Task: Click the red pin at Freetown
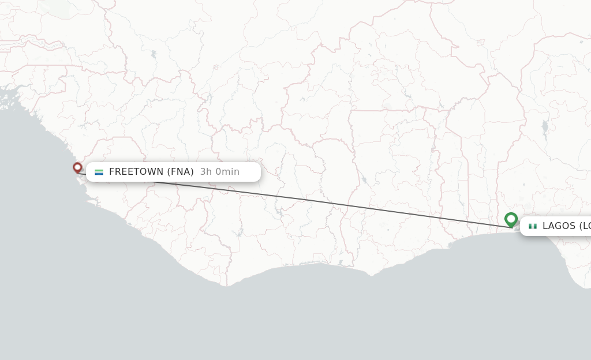click(77, 167)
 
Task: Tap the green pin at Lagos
click(511, 219)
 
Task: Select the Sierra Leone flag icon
click(99, 172)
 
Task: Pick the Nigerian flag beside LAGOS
click(533, 226)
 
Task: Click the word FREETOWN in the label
click(137, 171)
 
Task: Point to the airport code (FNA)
click(181, 171)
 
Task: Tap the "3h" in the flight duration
click(206, 171)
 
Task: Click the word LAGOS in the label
click(559, 226)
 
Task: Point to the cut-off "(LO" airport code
click(584, 226)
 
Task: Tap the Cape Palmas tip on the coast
click(227, 285)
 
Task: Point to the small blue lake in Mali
click(154, 55)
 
